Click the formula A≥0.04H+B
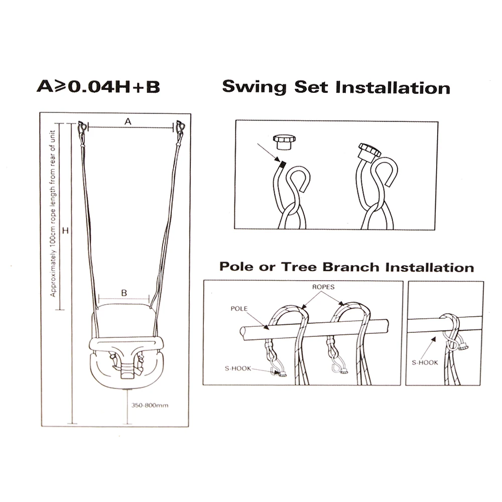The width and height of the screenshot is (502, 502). coord(98,86)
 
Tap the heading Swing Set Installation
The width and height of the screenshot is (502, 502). coord(336,87)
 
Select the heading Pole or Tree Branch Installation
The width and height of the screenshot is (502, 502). coord(347,267)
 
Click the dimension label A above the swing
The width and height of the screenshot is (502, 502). coord(128,121)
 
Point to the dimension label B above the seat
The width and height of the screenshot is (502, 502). coord(124,293)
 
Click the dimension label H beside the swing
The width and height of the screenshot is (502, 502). coord(65,230)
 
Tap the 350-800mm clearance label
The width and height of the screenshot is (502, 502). coord(150,405)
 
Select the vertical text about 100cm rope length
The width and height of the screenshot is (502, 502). coord(53,213)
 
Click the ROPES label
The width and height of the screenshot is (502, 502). coord(323,287)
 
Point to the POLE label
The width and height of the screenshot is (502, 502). coord(239,309)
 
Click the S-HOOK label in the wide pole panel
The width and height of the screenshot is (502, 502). coord(238,368)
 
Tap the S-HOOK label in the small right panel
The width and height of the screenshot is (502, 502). coord(425,362)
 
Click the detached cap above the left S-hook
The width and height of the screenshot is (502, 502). coord(284,142)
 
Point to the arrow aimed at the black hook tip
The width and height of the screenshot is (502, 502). coord(269,153)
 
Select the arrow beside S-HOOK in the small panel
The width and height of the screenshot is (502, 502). coord(428,348)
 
